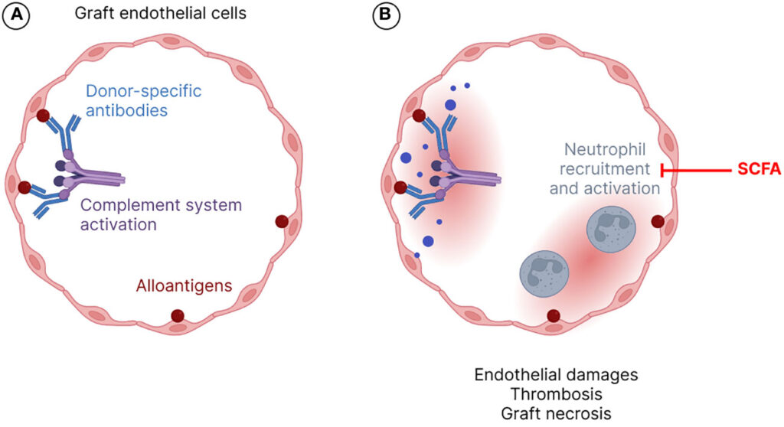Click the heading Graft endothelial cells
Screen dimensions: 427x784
[x=139, y=15]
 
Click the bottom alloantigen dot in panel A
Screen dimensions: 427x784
[x=178, y=315]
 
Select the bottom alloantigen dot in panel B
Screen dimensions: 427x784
[x=553, y=315]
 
